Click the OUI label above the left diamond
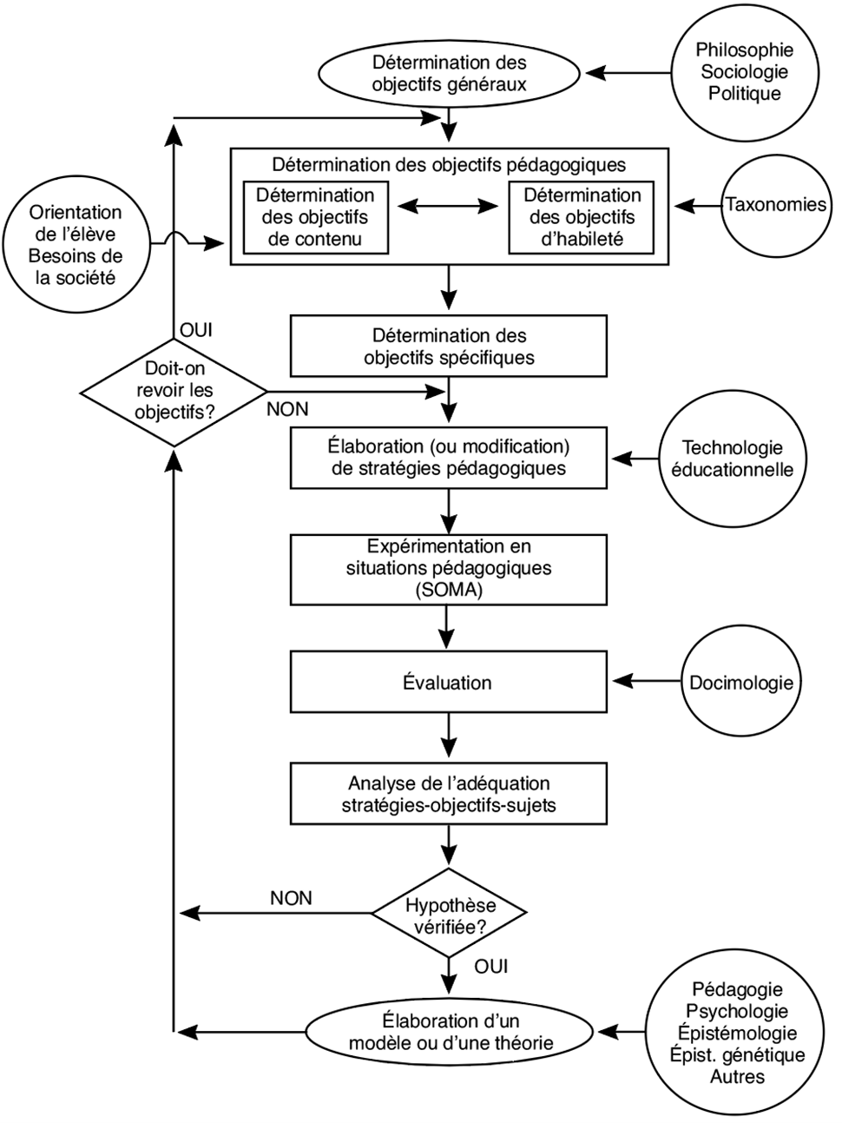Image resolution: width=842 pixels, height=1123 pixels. tap(196, 330)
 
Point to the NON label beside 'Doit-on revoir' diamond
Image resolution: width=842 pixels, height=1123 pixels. tap(287, 409)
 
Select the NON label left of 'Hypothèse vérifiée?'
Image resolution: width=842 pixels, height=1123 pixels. tap(291, 898)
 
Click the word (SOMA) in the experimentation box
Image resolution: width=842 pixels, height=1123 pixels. tap(449, 591)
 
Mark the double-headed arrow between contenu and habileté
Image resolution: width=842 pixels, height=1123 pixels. tap(448, 206)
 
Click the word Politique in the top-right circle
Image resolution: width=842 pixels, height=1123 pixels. tap(745, 94)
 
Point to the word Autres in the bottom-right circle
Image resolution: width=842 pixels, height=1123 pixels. tap(737, 1075)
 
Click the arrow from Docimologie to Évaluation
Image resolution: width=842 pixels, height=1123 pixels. tap(648, 681)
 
